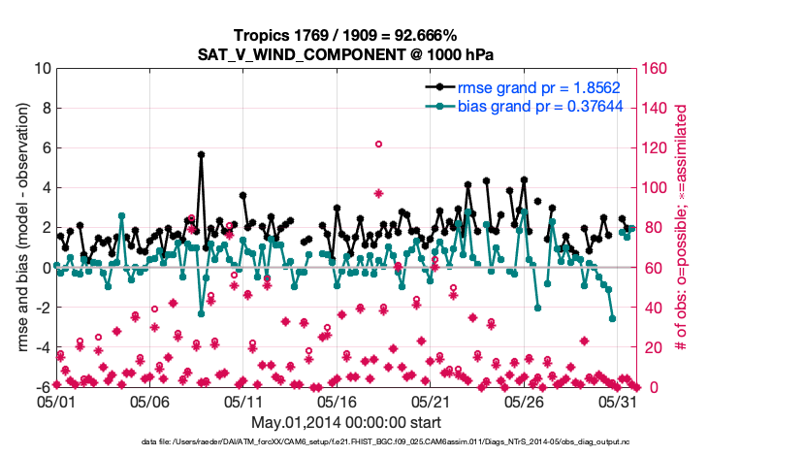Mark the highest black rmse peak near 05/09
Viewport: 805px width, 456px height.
point(201,154)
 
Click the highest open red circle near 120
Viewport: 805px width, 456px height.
point(378,144)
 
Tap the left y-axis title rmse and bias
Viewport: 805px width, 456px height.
point(16,228)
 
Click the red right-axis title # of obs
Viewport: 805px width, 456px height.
point(681,228)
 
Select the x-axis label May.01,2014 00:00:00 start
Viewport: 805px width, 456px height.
point(346,422)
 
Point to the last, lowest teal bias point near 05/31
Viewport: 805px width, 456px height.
point(613,317)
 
